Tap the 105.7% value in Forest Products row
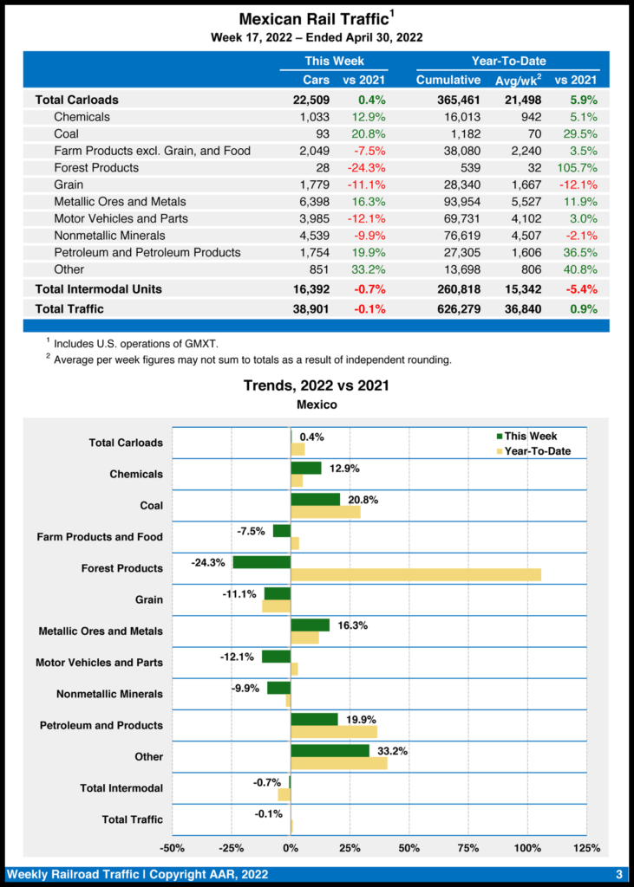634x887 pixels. pyautogui.click(x=576, y=168)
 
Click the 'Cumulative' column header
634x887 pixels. pyautogui.click(x=448, y=81)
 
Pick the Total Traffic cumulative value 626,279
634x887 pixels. pyautogui.click(x=454, y=309)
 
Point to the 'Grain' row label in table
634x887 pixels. pyautogui.click(x=69, y=185)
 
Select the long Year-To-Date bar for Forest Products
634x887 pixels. pyautogui.click(x=415, y=575)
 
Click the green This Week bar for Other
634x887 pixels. pyautogui.click(x=330, y=750)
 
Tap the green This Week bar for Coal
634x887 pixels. pyautogui.click(x=315, y=500)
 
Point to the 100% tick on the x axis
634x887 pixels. pyautogui.click(x=526, y=847)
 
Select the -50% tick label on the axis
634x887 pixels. pyautogui.click(x=172, y=847)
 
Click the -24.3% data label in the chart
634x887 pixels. pyautogui.click(x=208, y=562)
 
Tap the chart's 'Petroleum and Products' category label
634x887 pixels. pyautogui.click(x=101, y=726)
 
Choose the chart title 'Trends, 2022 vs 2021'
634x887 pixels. pyautogui.click(x=316, y=385)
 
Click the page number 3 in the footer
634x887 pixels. pyautogui.click(x=619, y=874)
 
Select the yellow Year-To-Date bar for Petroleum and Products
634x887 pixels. pyautogui.click(x=334, y=732)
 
